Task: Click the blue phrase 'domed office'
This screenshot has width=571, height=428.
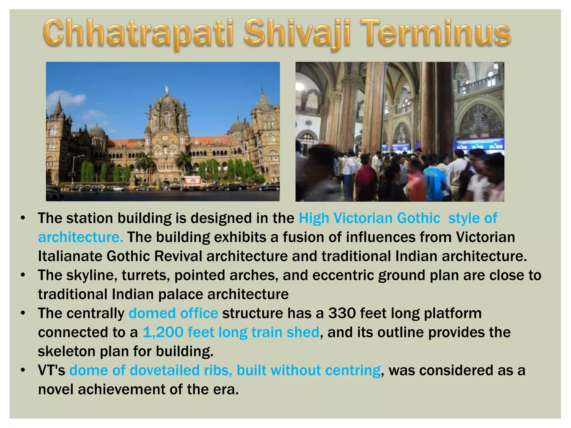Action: [173, 313]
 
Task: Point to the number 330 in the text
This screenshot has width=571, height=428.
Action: [342, 313]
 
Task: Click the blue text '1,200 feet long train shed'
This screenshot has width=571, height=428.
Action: [231, 332]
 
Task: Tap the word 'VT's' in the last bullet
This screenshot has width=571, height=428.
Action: [52, 370]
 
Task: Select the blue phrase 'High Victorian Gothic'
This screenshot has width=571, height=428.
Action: [369, 218]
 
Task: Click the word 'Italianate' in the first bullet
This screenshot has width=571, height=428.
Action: [70, 256]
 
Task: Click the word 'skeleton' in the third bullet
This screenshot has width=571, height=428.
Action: [67, 351]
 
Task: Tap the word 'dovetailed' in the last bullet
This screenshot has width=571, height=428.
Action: [165, 370]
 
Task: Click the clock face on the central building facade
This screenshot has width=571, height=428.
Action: [165, 138]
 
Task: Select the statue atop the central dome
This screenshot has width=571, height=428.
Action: [167, 89]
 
